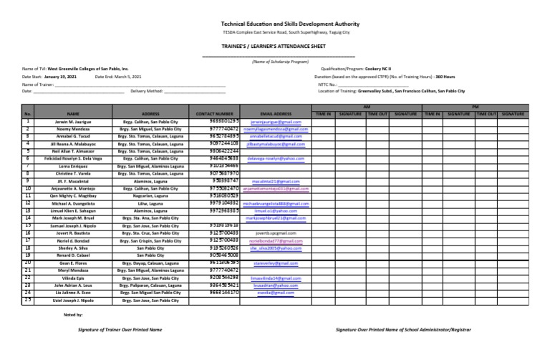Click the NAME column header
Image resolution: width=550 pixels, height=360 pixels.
(72, 113)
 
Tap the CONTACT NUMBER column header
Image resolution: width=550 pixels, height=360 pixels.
(214, 113)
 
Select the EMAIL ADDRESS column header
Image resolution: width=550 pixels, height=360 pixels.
(276, 113)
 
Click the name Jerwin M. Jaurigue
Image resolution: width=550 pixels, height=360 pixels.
(72, 122)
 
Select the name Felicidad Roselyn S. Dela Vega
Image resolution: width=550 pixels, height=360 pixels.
(72, 159)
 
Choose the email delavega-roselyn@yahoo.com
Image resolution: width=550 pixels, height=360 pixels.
(276, 159)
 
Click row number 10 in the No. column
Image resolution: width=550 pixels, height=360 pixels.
(28, 188)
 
